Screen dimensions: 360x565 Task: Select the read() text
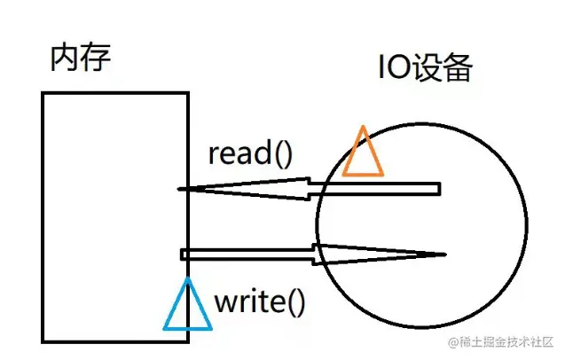pyautogui.click(x=249, y=153)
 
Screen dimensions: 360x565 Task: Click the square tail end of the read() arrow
pyautogui.click(x=436, y=188)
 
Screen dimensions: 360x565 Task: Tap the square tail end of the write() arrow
pyautogui.click(x=184, y=254)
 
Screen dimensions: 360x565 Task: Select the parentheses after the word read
pyautogui.click(x=282, y=154)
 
